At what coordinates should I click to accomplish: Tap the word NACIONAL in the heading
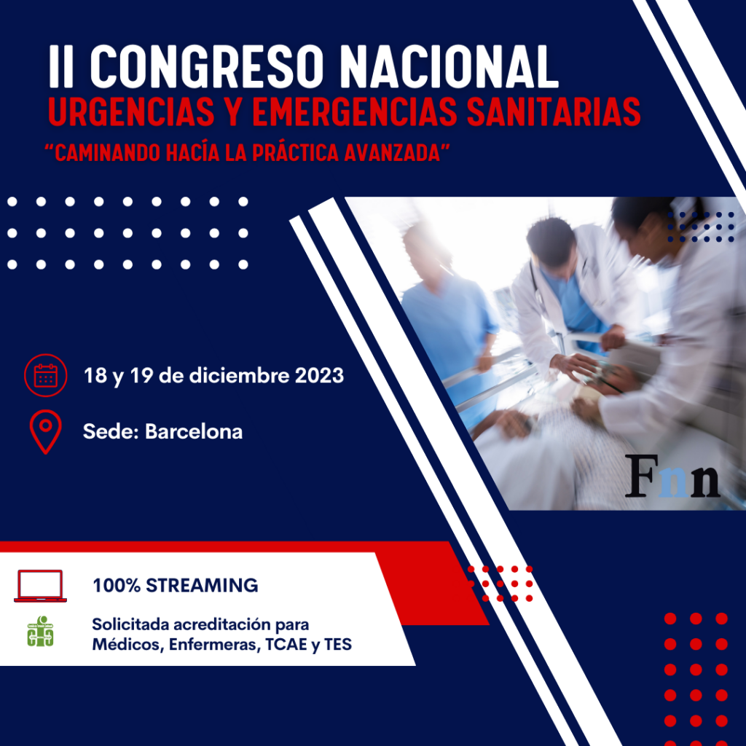[x=449, y=66]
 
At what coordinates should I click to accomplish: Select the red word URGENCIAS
[x=131, y=111]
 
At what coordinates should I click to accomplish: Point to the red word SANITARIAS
[x=554, y=111]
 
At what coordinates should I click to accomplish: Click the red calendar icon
[x=46, y=375]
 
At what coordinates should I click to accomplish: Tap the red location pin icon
[x=46, y=431]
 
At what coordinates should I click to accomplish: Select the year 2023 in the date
[x=319, y=376]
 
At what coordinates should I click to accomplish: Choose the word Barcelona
[x=194, y=431]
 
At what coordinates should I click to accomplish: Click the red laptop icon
[x=41, y=586]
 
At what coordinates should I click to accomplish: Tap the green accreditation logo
[x=41, y=632]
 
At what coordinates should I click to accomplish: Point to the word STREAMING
[x=202, y=586]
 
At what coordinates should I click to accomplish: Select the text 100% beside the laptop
[x=117, y=586]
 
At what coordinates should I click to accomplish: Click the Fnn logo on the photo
[x=672, y=476]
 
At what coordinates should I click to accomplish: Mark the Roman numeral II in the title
[x=61, y=66]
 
